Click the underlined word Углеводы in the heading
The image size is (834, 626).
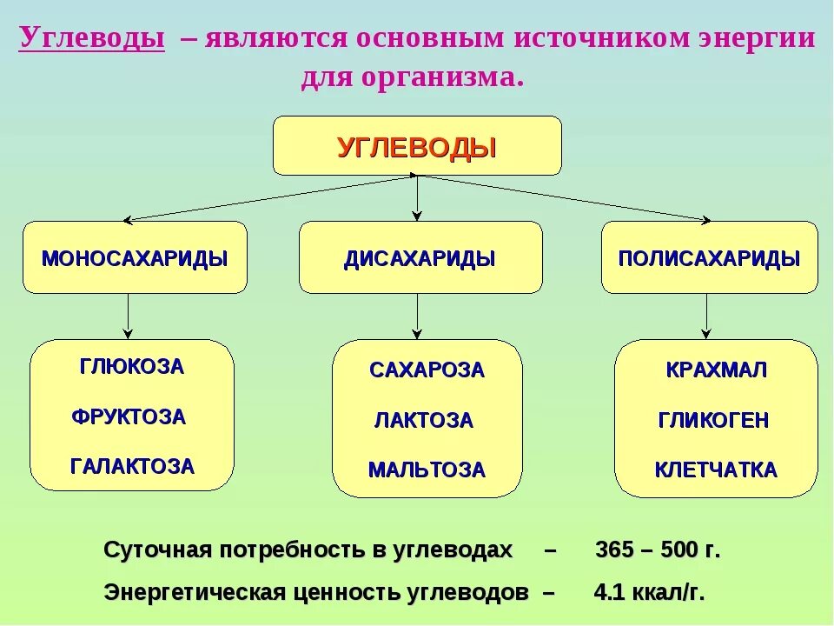pos(92,39)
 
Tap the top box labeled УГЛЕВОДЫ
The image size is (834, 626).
pos(417,146)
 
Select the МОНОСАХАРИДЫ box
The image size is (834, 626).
pos(135,258)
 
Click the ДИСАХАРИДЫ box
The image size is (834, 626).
pos(420,258)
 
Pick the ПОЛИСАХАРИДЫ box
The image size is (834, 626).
pos(709,258)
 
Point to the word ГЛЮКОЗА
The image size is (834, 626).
pos(132,367)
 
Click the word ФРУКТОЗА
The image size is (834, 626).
pos(129,417)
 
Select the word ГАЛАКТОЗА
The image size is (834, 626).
pos(132,467)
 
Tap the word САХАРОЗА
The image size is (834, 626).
pos(427,370)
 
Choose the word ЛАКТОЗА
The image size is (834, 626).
pos(424,421)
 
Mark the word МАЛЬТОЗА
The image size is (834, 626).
pos(427,470)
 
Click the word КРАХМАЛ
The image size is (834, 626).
pos(717,370)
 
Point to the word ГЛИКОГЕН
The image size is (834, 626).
pos(713,421)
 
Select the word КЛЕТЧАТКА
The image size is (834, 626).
pos(716,470)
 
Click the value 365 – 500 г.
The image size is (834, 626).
pos(658,550)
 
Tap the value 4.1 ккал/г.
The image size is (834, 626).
pos(649,593)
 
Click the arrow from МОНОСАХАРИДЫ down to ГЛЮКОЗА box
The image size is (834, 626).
pos(129,316)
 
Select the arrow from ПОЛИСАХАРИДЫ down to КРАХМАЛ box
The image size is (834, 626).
pos(706,316)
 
